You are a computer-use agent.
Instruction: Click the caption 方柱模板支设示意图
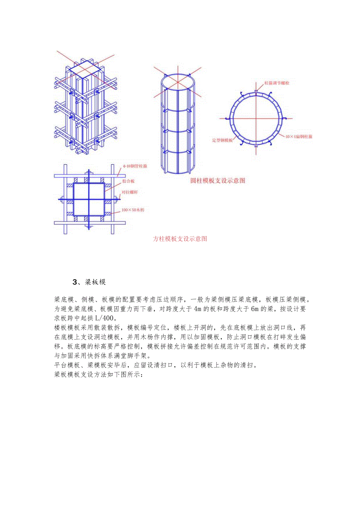[x=180, y=239]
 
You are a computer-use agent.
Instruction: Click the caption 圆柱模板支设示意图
[x=218, y=181]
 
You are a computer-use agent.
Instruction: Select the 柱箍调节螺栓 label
[x=277, y=83]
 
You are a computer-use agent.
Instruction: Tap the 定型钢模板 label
[x=222, y=140]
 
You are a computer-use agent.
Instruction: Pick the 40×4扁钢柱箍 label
[x=299, y=137]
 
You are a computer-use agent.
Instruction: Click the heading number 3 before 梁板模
[x=75, y=282]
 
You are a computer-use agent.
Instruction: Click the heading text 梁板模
[x=95, y=282]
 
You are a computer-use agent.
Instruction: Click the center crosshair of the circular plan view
[x=256, y=118]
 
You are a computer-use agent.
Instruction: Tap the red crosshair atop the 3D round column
[x=178, y=82]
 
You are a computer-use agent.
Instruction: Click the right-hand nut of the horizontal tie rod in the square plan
[x=117, y=200]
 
